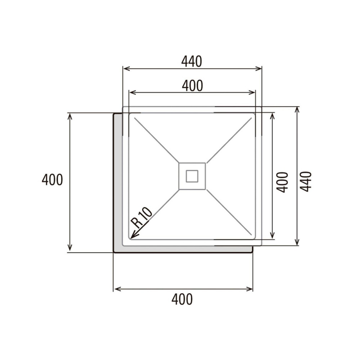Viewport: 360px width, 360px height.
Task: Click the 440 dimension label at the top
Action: (192, 62)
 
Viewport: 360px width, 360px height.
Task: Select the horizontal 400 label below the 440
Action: (192, 86)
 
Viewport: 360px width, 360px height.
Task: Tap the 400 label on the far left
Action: (52, 179)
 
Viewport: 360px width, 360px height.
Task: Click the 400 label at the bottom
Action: (182, 299)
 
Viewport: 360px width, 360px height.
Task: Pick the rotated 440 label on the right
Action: (306, 181)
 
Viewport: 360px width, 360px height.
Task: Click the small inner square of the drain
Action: (192, 176)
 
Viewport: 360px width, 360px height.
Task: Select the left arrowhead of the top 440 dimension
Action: (125, 68)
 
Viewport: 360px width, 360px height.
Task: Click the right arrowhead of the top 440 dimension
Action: (259, 68)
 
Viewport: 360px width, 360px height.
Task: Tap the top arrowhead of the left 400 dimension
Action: (70, 115)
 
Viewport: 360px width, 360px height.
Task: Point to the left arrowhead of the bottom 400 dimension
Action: (116, 289)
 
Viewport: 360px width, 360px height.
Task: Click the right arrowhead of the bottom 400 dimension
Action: (251, 289)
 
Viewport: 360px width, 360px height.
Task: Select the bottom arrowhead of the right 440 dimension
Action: (297, 243)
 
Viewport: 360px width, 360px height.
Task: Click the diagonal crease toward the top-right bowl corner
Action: (230, 139)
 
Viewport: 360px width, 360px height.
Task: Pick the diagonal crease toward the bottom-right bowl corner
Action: (230, 214)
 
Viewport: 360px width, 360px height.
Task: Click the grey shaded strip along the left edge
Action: (118, 180)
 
